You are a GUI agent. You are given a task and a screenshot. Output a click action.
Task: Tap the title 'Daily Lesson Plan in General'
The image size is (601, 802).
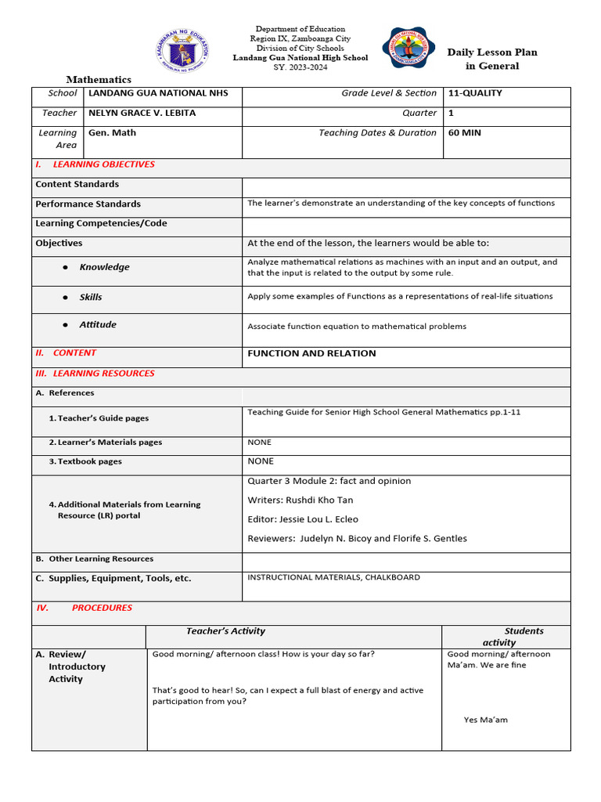492,59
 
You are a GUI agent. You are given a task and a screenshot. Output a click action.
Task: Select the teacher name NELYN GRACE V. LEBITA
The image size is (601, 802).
142,113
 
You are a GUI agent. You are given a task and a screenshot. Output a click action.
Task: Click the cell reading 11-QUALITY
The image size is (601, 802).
475,93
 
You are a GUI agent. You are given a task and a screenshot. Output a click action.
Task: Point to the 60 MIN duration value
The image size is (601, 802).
465,132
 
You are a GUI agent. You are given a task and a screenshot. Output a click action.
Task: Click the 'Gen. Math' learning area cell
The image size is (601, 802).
112,132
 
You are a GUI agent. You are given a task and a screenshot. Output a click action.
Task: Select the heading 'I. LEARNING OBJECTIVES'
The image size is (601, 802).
95,164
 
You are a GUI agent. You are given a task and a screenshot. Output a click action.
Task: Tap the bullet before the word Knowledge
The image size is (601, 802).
66,267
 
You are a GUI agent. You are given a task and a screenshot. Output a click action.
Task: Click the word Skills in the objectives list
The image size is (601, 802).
91,298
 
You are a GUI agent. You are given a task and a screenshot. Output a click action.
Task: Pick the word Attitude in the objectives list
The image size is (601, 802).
98,324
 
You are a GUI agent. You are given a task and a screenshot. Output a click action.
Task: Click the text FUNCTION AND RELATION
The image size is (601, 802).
311,353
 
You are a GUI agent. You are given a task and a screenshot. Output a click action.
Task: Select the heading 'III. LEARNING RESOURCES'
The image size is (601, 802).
95,374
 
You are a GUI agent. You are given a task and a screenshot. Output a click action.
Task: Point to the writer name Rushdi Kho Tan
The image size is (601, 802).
321,500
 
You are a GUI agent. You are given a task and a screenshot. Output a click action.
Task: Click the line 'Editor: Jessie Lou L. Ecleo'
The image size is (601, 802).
303,519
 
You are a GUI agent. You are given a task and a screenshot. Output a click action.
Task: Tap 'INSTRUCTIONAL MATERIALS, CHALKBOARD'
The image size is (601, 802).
333,577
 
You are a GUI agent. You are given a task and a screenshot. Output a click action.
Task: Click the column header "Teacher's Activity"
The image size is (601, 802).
225,631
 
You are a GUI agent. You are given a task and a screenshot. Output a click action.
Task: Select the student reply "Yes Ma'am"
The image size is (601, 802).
485,720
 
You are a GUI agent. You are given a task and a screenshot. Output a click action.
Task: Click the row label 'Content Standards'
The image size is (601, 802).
77,184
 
